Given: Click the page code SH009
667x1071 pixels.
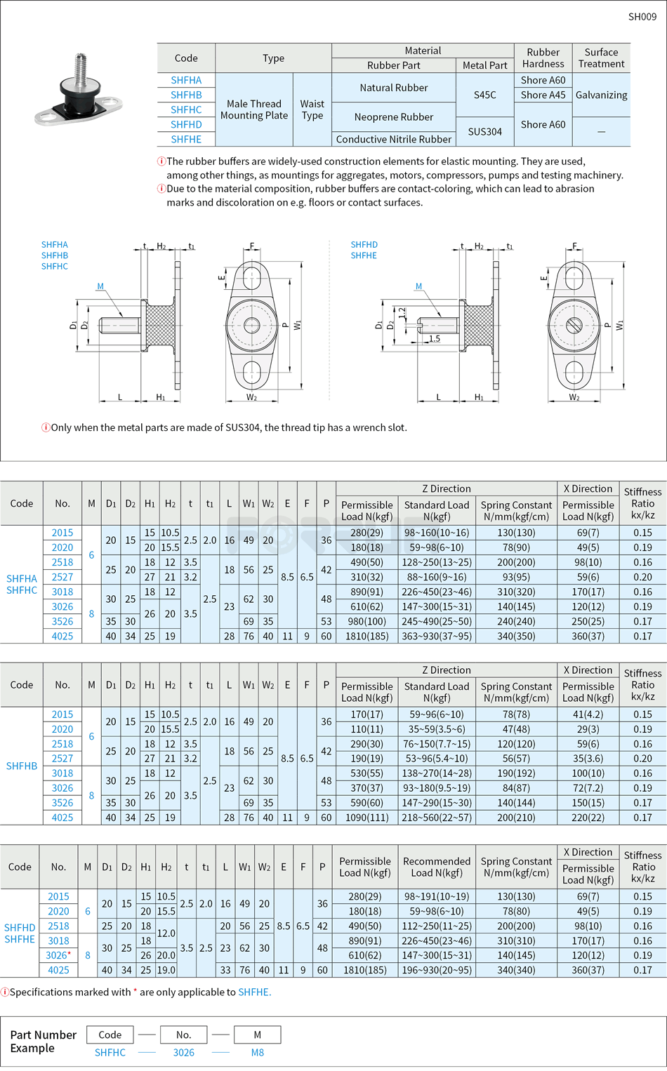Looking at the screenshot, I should (x=642, y=17).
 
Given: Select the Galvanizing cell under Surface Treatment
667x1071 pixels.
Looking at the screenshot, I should (x=601, y=95).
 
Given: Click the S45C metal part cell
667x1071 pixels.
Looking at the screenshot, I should (x=484, y=95).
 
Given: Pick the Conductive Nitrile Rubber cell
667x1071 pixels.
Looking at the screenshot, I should (x=393, y=139).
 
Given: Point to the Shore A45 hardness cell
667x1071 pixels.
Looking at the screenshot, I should (x=543, y=95).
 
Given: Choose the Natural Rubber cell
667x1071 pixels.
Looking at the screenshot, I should (x=393, y=88).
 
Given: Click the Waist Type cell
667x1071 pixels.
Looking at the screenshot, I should (x=312, y=109).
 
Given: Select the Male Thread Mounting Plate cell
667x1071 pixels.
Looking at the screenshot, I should (x=253, y=109).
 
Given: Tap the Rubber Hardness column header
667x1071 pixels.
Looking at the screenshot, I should (x=543, y=58).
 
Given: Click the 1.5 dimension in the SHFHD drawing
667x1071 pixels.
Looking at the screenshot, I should (x=435, y=338).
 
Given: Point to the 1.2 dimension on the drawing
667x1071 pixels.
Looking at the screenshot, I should (x=402, y=313).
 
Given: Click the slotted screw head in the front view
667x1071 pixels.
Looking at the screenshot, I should (x=574, y=325).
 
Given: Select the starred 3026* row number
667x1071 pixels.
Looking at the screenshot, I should (x=58, y=955).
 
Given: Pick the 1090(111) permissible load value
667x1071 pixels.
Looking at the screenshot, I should (x=366, y=818).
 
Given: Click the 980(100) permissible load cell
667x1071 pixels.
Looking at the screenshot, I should (x=366, y=621).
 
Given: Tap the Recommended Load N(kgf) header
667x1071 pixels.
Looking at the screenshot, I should (x=436, y=867).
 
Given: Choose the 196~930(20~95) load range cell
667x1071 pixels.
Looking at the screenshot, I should (x=436, y=970).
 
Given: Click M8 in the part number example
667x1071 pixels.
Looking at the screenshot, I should (x=258, y=1053).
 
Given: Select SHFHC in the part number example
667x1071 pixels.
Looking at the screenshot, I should (x=110, y=1053).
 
